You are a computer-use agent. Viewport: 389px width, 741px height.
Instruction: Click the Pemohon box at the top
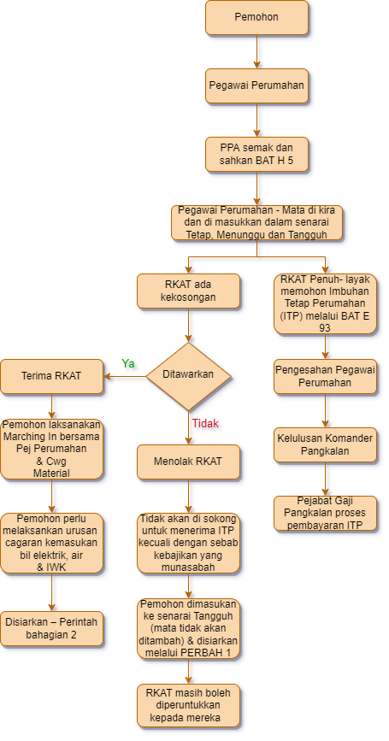[x=256, y=18]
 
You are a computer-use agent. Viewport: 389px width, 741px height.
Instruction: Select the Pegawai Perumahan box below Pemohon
[x=256, y=85]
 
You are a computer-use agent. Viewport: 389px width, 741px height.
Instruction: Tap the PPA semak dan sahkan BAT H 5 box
[x=256, y=154]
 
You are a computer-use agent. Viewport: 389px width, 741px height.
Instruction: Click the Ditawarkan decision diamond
[x=188, y=376]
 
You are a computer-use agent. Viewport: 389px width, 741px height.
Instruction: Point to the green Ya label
[x=128, y=363]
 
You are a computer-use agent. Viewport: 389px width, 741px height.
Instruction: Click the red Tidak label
[x=205, y=423]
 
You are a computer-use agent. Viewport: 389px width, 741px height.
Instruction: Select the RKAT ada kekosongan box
[x=188, y=291]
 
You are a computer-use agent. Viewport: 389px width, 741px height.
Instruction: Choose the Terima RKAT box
[x=52, y=376]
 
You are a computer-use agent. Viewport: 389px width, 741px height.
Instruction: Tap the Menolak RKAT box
[x=188, y=462]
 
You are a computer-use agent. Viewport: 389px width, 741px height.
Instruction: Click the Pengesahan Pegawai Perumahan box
[x=325, y=376]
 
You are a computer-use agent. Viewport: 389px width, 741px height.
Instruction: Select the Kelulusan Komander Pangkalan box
[x=325, y=444]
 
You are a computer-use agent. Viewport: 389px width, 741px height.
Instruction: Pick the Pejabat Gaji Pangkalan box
[x=325, y=513]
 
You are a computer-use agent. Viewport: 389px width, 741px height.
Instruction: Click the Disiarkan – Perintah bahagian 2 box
[x=52, y=628]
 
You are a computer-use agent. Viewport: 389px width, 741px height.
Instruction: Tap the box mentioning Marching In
[x=52, y=449]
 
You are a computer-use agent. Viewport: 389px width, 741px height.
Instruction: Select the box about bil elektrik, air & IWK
[x=52, y=543]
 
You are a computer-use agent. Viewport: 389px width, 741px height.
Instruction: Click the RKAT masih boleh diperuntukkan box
[x=188, y=705]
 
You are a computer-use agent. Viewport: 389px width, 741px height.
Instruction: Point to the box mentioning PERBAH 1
[x=188, y=628]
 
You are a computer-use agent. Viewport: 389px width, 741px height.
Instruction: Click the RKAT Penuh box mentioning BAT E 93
[x=325, y=303]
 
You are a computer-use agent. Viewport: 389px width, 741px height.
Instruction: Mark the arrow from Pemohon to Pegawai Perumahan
[x=256, y=51]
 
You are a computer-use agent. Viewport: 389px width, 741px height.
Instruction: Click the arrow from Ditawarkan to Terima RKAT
[x=124, y=376]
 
